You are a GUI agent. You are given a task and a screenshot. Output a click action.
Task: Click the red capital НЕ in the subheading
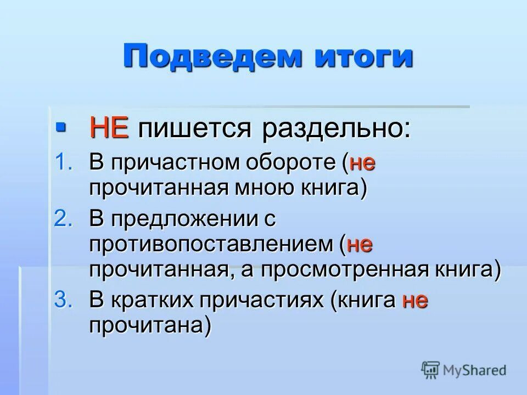click(109, 129)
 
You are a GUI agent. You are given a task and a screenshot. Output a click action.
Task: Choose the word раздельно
click(335, 130)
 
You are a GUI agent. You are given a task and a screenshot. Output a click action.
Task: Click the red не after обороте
click(362, 163)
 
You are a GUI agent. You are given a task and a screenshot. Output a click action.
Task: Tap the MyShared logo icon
click(430, 370)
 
